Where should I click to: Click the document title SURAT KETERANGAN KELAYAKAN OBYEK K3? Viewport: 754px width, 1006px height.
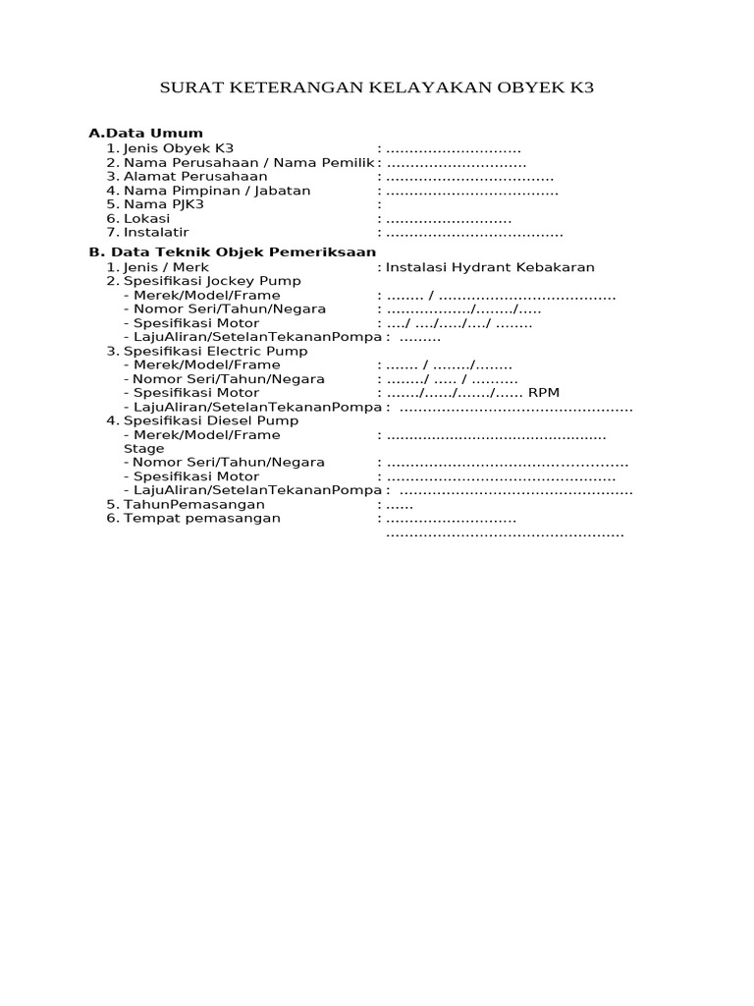pyautogui.click(x=377, y=88)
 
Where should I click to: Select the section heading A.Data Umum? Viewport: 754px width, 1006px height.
pyautogui.click(x=145, y=133)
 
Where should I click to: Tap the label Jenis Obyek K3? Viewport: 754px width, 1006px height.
pyautogui.click(x=178, y=148)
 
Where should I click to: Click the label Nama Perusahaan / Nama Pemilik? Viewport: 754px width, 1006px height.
pyautogui.click(x=249, y=162)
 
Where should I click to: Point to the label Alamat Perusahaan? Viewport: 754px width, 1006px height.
pyautogui.click(x=195, y=176)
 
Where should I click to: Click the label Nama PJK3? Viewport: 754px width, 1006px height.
pyautogui.click(x=163, y=204)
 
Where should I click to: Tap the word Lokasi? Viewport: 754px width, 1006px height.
pyautogui.click(x=146, y=218)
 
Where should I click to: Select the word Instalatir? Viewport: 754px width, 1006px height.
pyautogui.click(x=156, y=233)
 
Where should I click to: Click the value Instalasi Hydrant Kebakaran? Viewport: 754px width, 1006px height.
pyautogui.click(x=490, y=267)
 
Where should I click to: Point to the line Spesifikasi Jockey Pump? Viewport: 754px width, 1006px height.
pyautogui.click(x=212, y=281)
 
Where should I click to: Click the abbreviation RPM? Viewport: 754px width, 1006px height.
pyautogui.click(x=544, y=393)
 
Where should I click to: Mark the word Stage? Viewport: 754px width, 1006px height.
pyautogui.click(x=143, y=448)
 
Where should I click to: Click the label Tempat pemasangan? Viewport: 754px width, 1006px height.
pyautogui.click(x=201, y=518)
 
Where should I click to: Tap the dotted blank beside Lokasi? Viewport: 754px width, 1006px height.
pyautogui.click(x=449, y=219)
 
